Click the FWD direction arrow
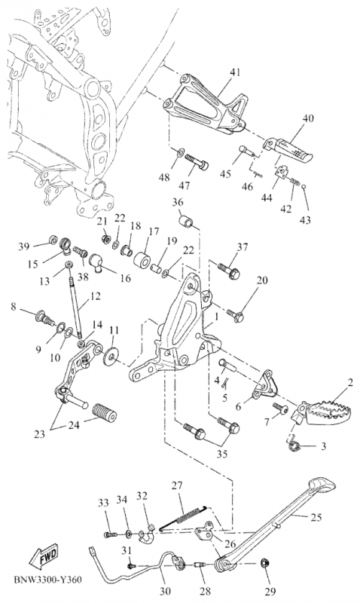pos(44,557)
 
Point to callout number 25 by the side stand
pos(316,517)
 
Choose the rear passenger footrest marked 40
pos(288,152)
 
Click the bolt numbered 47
pos(197,162)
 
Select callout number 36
pos(178,202)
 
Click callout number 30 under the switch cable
pos(166,591)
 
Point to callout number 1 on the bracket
pos(217,317)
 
